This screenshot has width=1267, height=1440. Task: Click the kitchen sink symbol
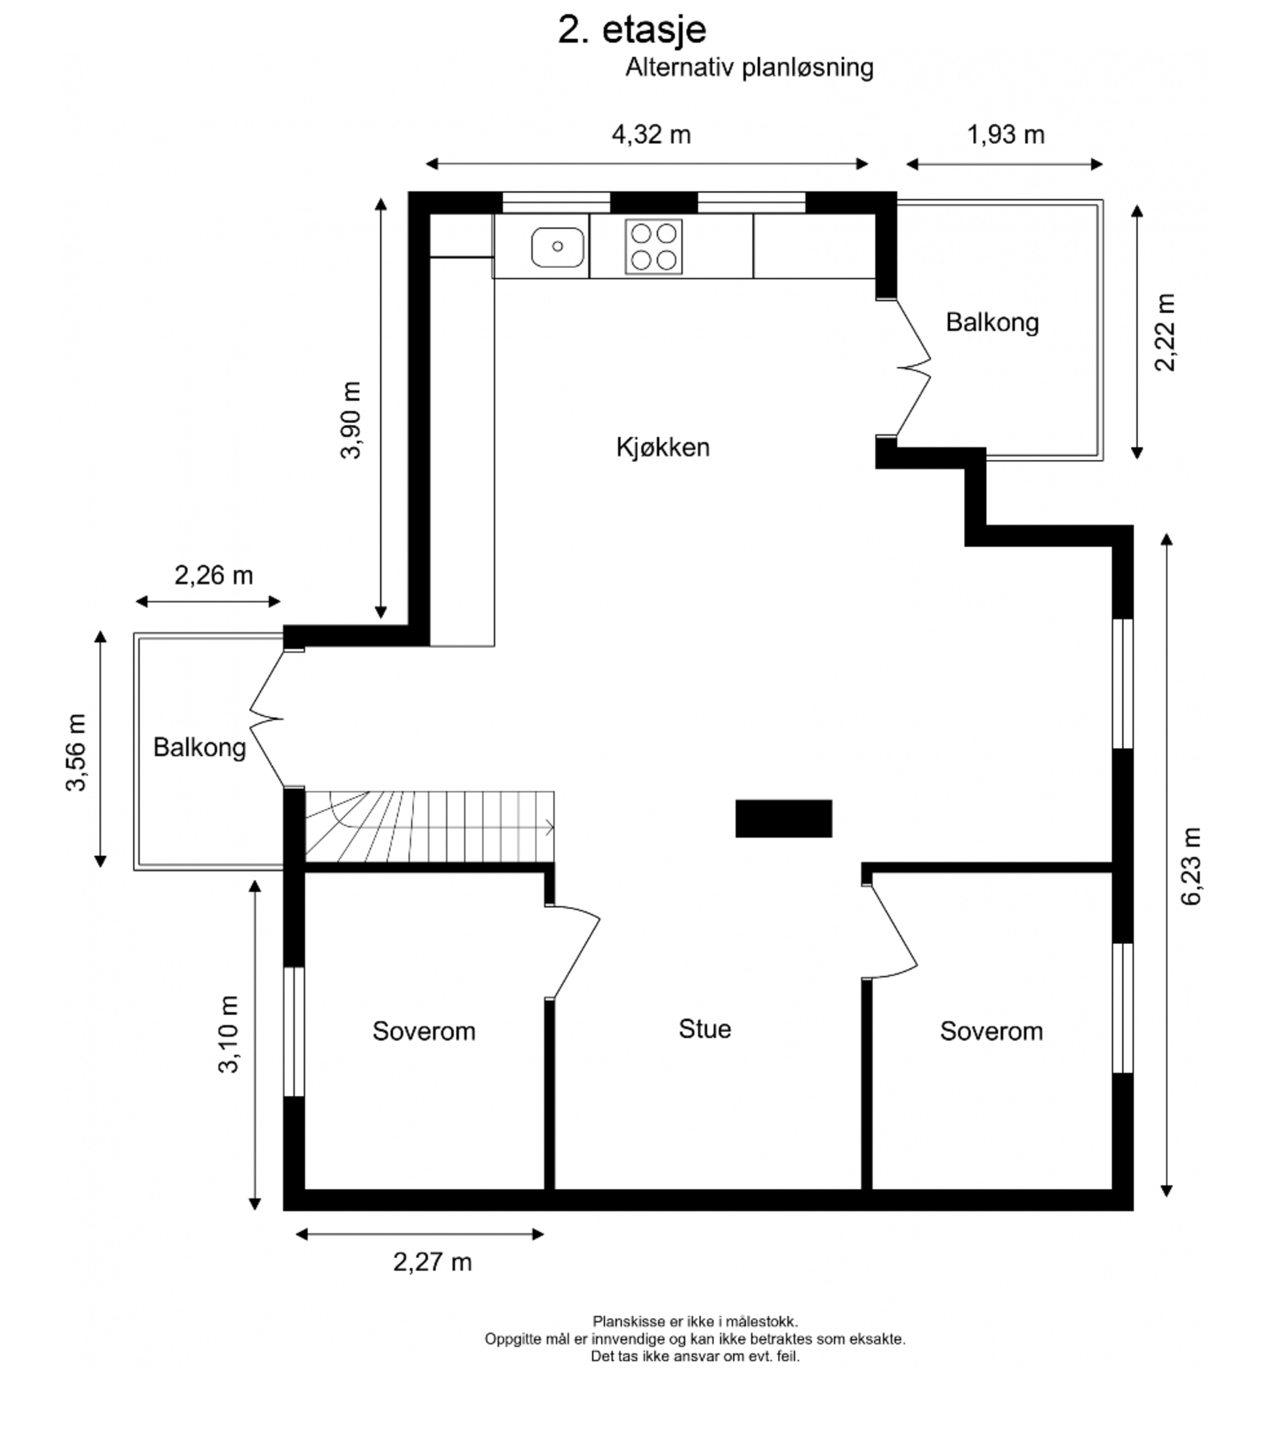(x=558, y=246)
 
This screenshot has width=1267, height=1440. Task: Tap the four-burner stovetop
(x=654, y=246)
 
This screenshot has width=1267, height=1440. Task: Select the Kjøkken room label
(x=663, y=446)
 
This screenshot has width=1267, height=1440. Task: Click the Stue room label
(x=704, y=1028)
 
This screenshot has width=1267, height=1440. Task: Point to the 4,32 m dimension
(x=651, y=134)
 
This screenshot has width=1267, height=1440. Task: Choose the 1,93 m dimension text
(x=1005, y=134)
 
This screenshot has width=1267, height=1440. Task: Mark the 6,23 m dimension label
(x=1191, y=866)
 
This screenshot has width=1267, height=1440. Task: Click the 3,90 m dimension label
(x=351, y=420)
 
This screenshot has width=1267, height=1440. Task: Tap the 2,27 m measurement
(x=432, y=1262)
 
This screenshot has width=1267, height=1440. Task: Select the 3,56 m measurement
(x=75, y=752)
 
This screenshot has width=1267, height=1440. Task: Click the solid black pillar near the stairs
(x=784, y=818)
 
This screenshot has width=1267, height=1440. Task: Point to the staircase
(x=430, y=826)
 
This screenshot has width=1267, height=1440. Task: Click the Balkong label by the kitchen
(x=992, y=322)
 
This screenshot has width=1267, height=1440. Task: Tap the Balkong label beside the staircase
(x=199, y=747)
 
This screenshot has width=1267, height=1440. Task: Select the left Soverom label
(x=423, y=1030)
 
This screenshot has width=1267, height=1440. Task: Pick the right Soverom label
(x=991, y=1030)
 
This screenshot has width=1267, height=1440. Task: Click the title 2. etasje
(x=632, y=30)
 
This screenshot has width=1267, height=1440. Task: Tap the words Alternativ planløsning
(x=749, y=68)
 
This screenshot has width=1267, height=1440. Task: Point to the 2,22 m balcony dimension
(x=1165, y=332)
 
